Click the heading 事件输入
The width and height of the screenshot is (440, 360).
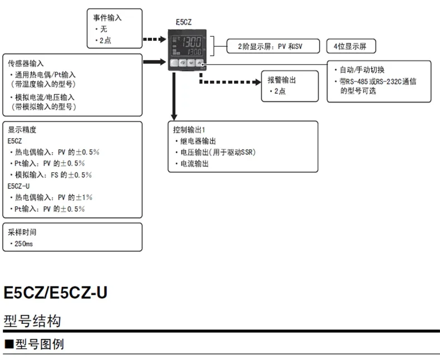click(107, 18)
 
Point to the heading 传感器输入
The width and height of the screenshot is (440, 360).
click(26, 64)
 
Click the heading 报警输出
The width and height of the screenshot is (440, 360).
click(282, 80)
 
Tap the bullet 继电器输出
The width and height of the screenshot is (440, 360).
click(195, 142)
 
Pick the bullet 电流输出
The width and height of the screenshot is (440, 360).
click(192, 164)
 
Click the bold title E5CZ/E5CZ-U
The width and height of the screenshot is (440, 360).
click(55, 293)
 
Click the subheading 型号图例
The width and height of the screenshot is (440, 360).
click(36, 344)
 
